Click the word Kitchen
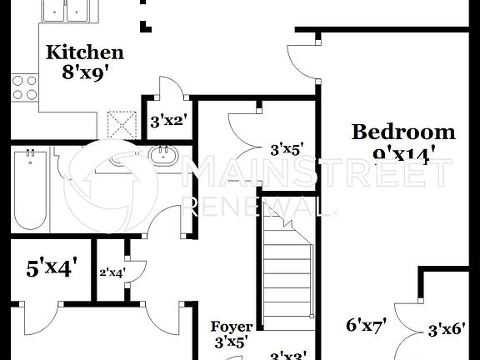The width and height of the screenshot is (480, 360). (x=84, y=52)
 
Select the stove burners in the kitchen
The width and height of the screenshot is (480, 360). (x=24, y=87)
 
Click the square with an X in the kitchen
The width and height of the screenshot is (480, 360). (x=122, y=124)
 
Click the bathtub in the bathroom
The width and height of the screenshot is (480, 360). (x=30, y=189)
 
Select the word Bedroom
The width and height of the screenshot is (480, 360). (x=403, y=131)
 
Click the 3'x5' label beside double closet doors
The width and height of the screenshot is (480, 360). (x=286, y=150)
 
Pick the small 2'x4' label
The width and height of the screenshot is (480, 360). (x=112, y=272)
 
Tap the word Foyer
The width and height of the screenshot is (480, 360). (x=231, y=327)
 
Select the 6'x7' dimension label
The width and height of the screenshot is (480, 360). (x=367, y=325)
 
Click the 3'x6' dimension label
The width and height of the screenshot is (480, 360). (x=445, y=330)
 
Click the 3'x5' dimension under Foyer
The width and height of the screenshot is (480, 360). (x=231, y=342)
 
